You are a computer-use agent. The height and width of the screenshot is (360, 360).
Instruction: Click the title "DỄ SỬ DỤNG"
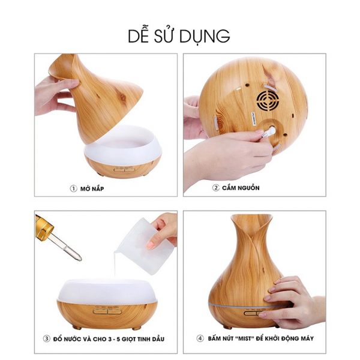tap(179, 36)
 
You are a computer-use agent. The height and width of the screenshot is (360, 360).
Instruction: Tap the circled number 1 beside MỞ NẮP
tap(73, 189)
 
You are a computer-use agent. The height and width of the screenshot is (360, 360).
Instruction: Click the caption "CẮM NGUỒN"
tap(241, 188)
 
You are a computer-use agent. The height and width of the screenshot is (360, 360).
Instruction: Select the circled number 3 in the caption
tap(47, 338)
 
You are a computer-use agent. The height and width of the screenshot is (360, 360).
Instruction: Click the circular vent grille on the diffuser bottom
tap(268, 101)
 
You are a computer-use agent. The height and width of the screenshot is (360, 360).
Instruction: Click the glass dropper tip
tap(79, 259)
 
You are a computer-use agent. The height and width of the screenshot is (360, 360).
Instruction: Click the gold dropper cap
tap(43, 226)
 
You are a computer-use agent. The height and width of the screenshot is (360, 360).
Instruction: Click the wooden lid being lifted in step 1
tap(97, 97)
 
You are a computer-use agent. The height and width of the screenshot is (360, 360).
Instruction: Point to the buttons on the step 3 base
tap(107, 311)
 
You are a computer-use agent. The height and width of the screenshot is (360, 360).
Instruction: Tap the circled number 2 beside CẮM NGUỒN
tap(215, 188)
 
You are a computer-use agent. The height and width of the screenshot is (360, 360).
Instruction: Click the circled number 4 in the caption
tap(200, 338)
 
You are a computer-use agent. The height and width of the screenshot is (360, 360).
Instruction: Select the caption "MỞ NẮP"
tap(92, 189)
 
